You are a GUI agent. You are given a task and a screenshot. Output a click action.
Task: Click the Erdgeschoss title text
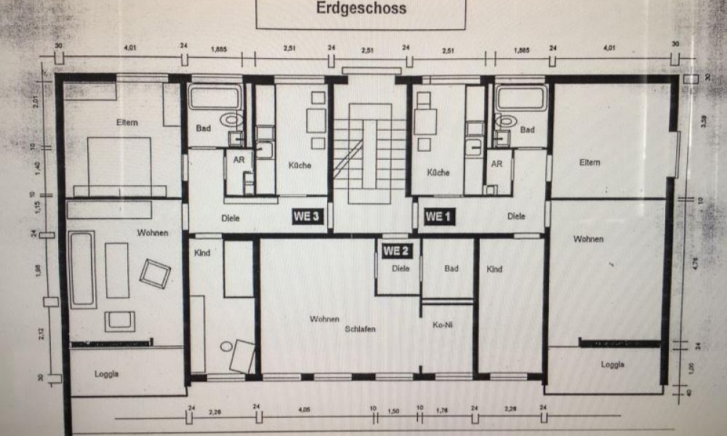point(361,9)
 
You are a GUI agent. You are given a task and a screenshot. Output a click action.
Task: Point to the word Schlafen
point(361,329)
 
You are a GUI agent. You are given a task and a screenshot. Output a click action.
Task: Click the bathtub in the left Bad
point(215,97)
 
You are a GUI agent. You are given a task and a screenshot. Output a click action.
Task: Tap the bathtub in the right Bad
point(522,97)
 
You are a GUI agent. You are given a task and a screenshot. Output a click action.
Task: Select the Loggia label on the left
point(107,374)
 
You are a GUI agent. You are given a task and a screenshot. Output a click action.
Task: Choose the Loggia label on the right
point(614,365)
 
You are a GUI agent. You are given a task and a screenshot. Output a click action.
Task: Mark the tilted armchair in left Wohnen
point(155,273)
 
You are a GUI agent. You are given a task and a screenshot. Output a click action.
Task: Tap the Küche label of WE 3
point(300,166)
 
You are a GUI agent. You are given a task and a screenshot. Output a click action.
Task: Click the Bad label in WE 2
point(451,269)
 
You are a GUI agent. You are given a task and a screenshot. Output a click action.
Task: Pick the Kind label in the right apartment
point(494,270)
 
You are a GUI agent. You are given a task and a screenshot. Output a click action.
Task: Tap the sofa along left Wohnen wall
point(82,270)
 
